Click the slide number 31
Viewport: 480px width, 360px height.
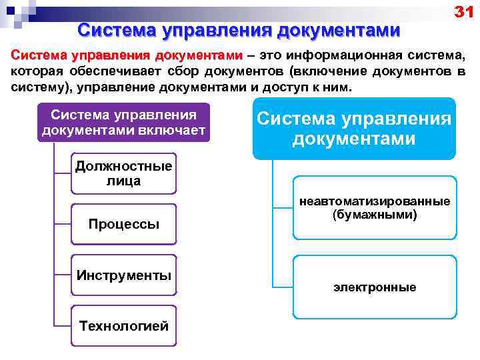point(463,11)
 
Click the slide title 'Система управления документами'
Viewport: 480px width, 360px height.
point(239,30)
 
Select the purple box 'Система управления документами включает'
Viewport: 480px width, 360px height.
point(124,122)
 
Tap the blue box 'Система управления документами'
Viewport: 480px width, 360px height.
point(354,129)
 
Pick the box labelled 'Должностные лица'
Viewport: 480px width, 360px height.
point(124,173)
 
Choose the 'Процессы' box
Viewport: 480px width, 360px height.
point(124,224)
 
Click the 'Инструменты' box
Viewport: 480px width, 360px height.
point(124,275)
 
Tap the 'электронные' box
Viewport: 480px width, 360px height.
point(374,287)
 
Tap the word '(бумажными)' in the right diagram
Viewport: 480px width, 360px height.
point(374,215)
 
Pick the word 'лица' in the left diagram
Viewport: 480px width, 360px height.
point(124,181)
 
